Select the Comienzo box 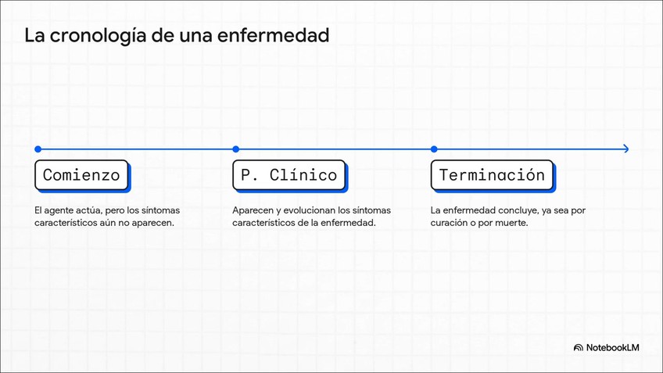(81, 175)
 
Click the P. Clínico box (288, 175)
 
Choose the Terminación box (492, 175)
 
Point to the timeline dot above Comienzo (38, 149)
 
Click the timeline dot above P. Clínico (235, 149)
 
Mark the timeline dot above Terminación (434, 149)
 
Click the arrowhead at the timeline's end (625, 149)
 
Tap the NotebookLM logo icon (579, 348)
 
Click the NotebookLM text (613, 348)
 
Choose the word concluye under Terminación (515, 210)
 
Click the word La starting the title (34, 36)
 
